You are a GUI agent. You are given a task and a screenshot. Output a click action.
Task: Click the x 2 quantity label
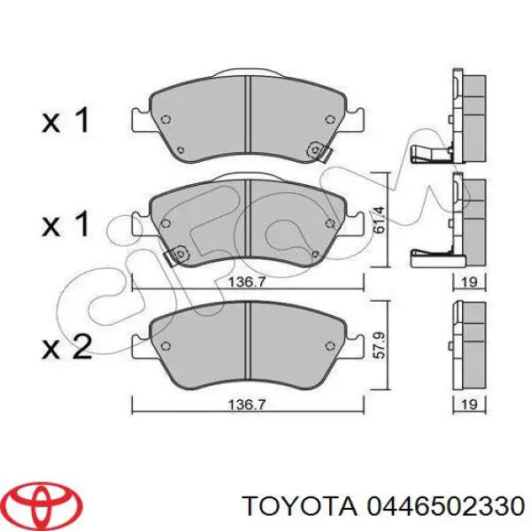click(66, 347)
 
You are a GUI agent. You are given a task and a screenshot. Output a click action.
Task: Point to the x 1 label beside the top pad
click(66, 120)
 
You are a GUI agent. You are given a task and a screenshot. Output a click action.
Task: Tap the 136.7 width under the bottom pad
click(249, 406)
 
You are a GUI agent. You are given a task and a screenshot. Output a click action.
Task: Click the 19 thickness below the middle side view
click(470, 283)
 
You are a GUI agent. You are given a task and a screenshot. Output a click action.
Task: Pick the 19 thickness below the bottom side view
click(470, 406)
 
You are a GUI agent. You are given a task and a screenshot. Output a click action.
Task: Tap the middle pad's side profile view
click(467, 217)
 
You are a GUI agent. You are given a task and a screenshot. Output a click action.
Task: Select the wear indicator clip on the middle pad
click(176, 256)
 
